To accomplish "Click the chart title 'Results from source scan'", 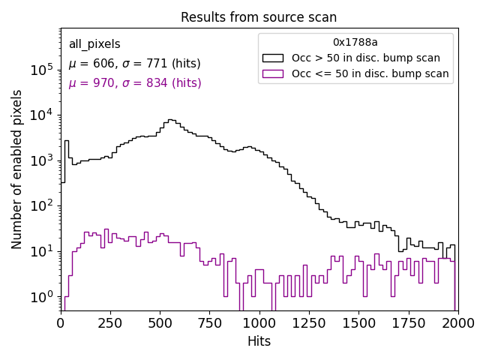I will tap(259, 17).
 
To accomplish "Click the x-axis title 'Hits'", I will tap(259, 341).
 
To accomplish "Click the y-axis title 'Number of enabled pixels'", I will tap(17, 169).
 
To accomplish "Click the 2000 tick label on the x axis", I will tap(457, 322).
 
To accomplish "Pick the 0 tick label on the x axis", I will tap(61, 322).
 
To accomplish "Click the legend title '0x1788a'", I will tap(355, 43).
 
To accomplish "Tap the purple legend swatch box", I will tap(273, 73).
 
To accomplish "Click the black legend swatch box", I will tap(273, 58).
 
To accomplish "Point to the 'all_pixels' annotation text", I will tap(94, 44).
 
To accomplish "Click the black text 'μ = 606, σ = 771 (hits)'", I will tap(134, 64).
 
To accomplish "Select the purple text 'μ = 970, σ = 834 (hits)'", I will tap(134, 83).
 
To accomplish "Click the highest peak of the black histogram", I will tap(172, 119).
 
